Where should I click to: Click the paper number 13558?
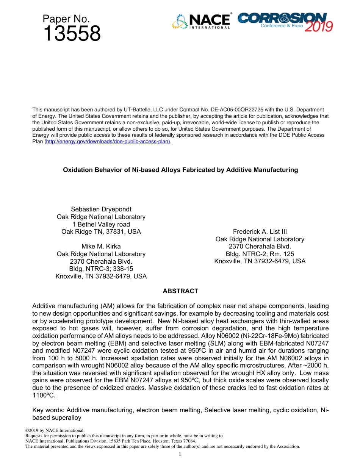click(x=72, y=34)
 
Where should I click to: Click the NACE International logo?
click(x=201, y=22)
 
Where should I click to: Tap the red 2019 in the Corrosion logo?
click(x=318, y=27)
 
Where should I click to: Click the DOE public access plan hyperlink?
click(x=108, y=141)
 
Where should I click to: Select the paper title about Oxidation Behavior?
click(x=180, y=170)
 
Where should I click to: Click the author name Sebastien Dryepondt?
click(x=101, y=210)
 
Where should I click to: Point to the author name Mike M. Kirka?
click(x=101, y=247)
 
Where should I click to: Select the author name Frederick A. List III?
click(x=260, y=231)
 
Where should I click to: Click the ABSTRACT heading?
click(x=180, y=291)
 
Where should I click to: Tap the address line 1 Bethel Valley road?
click(x=101, y=224)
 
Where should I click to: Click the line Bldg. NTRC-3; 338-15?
click(x=101, y=269)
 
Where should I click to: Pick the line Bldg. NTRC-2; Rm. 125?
click(x=260, y=254)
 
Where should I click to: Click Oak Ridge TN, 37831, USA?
click(x=101, y=231)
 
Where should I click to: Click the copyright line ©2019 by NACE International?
click(x=55, y=430)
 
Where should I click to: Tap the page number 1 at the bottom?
click(x=180, y=454)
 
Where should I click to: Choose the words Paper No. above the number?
click(x=66, y=19)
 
